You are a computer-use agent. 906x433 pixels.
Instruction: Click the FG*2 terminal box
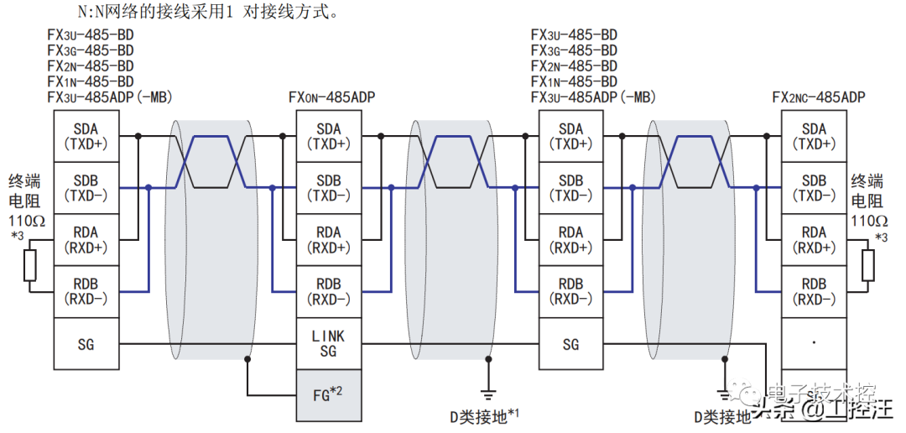coord(329,394)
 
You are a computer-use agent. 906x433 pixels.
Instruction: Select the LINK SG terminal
coord(329,344)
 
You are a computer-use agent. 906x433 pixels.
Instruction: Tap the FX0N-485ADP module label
coord(331,97)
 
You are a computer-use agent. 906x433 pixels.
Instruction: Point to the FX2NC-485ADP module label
coord(818,97)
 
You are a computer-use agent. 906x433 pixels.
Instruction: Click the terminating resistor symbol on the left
coord(31,266)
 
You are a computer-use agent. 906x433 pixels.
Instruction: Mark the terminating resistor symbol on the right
coord(867,266)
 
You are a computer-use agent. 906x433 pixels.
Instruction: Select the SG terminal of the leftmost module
coord(86,344)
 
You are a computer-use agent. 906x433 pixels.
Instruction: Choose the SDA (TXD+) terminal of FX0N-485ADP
coord(329,136)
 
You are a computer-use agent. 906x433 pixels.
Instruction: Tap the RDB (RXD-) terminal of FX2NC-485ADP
coord(814,291)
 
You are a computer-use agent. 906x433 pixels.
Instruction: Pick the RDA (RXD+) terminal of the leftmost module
coord(86,239)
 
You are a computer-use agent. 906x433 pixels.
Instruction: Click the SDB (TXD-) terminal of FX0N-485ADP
coord(329,188)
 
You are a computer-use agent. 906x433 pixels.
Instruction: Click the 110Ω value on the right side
coord(869,221)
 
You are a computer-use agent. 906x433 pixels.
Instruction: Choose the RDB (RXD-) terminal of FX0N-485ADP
coord(329,291)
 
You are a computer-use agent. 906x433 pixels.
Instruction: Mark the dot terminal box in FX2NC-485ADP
coord(814,343)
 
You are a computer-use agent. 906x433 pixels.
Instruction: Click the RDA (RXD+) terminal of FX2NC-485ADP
coord(814,239)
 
